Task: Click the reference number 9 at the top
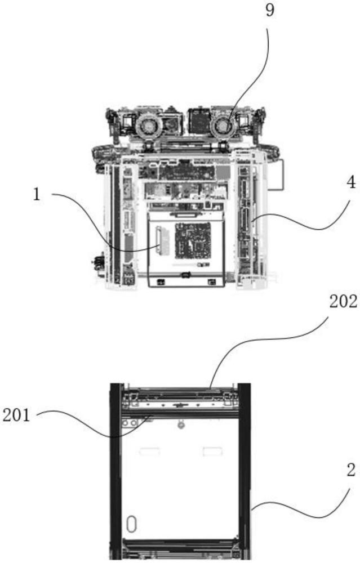pyautogui.click(x=270, y=11)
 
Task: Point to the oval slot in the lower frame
pyautogui.click(x=132, y=524)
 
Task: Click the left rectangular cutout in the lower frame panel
pyautogui.click(x=149, y=450)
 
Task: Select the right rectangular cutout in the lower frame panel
pyautogui.click(x=213, y=450)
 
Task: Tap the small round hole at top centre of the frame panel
pyautogui.click(x=181, y=425)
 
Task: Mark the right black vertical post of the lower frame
pyautogui.click(x=245, y=473)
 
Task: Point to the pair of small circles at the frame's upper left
pyautogui.click(x=129, y=422)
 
